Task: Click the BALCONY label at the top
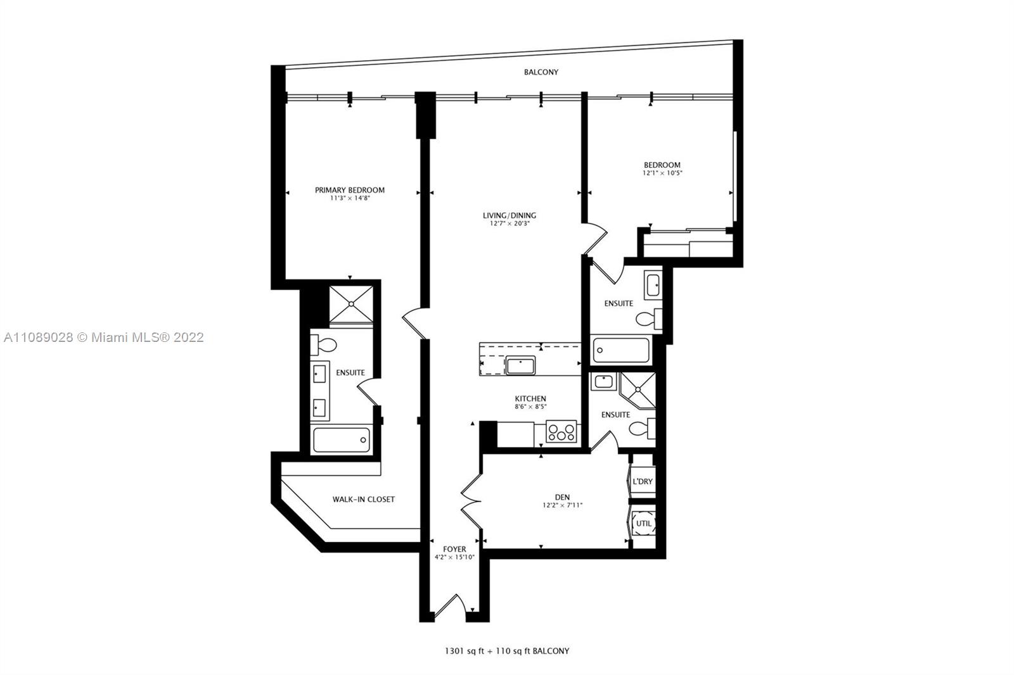[541, 72]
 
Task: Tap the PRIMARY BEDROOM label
[350, 190]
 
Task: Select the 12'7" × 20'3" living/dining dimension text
[510, 224]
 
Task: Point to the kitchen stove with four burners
[562, 431]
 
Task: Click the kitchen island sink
[520, 365]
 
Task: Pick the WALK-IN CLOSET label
[364, 500]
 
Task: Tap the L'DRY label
[643, 481]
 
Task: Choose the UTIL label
[644, 524]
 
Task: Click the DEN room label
[562, 497]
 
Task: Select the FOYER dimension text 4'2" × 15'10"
[454, 557]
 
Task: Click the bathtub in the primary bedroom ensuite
[342, 439]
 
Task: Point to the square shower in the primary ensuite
[351, 305]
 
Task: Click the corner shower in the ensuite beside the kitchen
[638, 389]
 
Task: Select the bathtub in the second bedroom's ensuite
[621, 350]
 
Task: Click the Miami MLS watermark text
[104, 337]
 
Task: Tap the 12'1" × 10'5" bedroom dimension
[662, 173]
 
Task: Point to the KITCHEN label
[530, 398]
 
